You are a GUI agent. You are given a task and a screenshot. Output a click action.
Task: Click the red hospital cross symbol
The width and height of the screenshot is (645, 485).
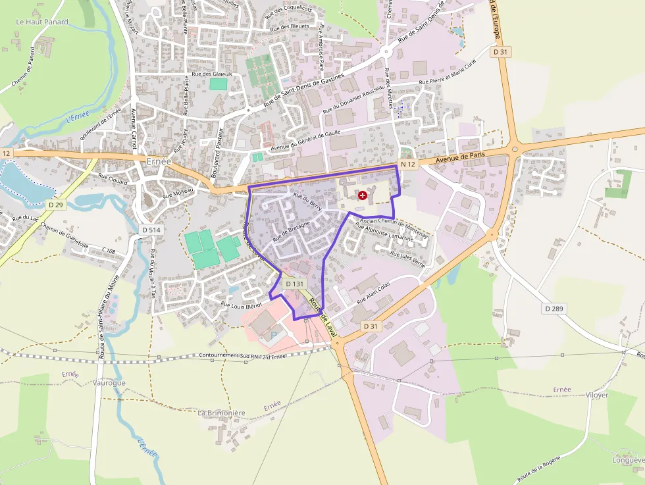362,195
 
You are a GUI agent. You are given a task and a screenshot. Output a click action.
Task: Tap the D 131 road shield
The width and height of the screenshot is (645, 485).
295,284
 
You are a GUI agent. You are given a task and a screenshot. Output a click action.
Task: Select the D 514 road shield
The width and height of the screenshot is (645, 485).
151,230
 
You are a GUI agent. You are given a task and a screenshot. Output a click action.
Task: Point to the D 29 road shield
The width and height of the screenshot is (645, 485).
56,205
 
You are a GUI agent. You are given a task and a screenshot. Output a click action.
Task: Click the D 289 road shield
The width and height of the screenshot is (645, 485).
555,308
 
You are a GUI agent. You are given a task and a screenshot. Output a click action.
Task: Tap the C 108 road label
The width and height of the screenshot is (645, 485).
109,251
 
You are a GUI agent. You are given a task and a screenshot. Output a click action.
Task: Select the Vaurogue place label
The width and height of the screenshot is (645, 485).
109,382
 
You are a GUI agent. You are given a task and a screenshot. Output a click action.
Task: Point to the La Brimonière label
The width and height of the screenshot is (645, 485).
221,413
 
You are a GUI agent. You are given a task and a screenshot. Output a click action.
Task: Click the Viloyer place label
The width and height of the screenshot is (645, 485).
597,395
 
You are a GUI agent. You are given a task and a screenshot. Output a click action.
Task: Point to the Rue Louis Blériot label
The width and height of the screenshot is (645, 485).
242,305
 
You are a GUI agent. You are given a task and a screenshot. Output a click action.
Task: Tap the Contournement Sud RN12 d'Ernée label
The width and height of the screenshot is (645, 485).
243,356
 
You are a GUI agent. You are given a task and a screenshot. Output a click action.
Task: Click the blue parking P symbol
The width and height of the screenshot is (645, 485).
274,336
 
